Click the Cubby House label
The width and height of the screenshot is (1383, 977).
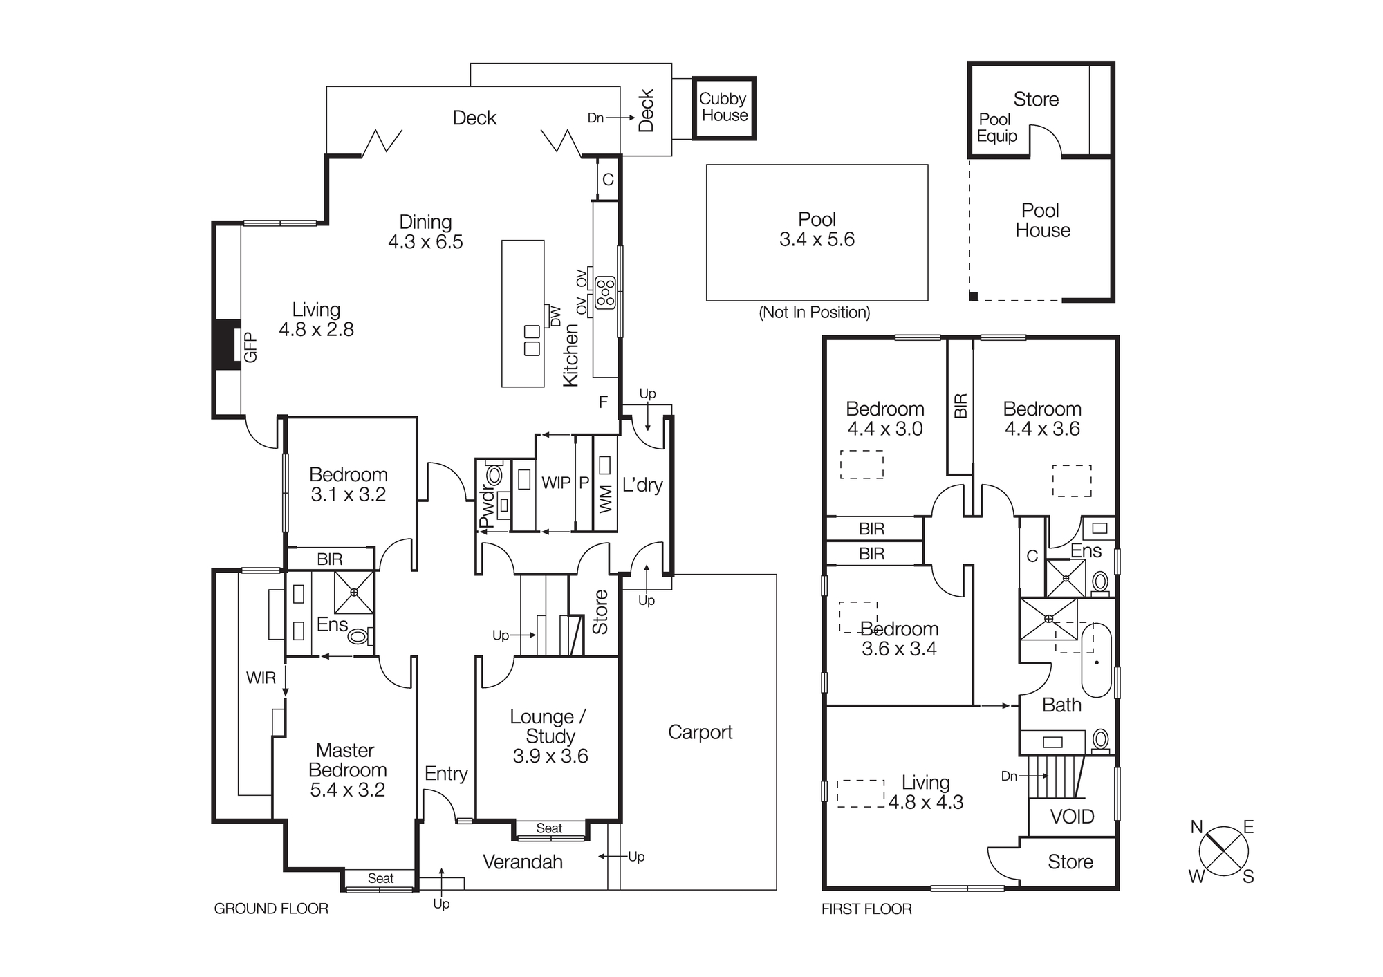(723, 107)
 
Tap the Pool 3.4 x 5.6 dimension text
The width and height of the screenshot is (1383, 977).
(817, 239)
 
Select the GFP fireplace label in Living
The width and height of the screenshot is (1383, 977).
(250, 347)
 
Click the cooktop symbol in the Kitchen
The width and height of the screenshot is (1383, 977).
(606, 292)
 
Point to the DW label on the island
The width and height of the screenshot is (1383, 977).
(555, 316)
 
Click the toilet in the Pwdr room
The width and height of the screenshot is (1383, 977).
(494, 475)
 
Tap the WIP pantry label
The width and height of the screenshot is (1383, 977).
(556, 483)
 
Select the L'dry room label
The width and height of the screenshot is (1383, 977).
(642, 485)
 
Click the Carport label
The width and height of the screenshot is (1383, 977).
(700, 732)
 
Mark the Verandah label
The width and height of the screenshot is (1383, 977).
(522, 862)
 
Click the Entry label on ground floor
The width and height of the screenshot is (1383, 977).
(446, 773)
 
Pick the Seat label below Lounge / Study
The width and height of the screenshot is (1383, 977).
(549, 828)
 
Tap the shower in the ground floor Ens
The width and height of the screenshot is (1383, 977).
(354, 592)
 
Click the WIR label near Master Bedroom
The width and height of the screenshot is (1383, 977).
(261, 678)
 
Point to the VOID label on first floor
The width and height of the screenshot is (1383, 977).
(1072, 817)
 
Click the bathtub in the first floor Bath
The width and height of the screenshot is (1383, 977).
(1096, 660)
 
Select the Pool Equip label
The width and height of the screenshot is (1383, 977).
(996, 128)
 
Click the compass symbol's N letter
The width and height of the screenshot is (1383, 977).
(1197, 827)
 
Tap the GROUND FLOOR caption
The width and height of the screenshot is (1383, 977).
(271, 909)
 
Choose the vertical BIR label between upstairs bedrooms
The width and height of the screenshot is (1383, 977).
(960, 406)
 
